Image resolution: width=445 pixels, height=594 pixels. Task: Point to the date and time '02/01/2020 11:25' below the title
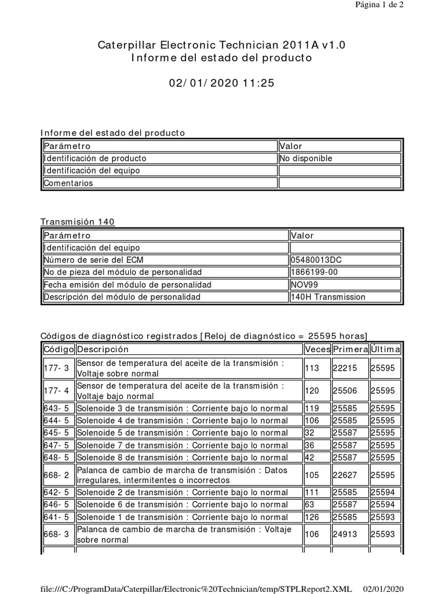click(222, 83)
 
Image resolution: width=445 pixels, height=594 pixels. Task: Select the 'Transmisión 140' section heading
click(78, 222)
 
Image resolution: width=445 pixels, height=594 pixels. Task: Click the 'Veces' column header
click(317, 349)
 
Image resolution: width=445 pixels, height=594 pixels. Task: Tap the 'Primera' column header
click(350, 349)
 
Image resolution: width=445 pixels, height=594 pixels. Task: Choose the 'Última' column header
click(385, 349)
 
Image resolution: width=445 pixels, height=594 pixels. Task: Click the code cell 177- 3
click(57, 368)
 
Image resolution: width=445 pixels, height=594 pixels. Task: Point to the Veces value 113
click(312, 368)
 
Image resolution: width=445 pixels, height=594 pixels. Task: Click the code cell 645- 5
click(57, 432)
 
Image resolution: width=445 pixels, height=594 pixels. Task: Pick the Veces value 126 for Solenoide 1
click(312, 517)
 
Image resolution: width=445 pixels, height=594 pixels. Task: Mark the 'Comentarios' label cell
click(68, 183)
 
